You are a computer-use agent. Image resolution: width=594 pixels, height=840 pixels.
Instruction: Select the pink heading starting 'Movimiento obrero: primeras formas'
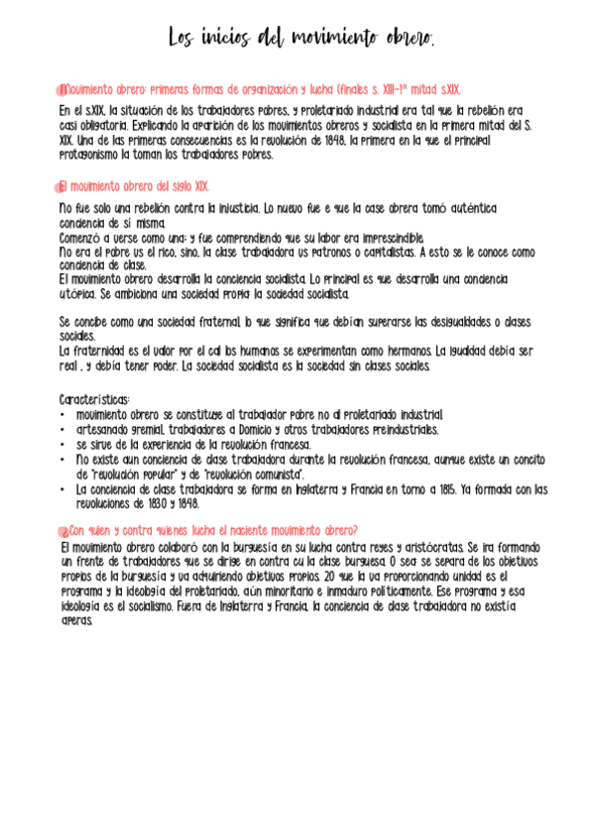(258, 89)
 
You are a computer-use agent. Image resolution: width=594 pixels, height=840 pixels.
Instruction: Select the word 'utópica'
(77, 294)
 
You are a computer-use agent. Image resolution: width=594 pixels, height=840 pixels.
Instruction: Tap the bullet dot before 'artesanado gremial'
(62, 430)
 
